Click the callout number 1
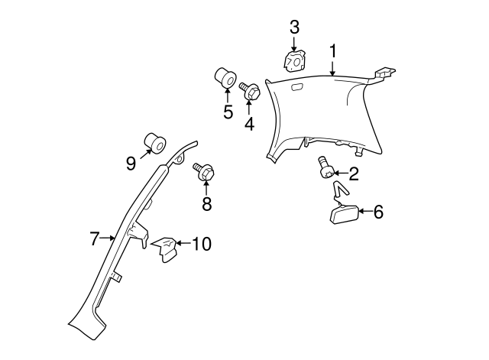click(333, 51)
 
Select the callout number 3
click(294, 27)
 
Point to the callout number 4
click(249, 124)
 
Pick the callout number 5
click(228, 112)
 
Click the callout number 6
click(377, 212)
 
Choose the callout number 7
click(95, 238)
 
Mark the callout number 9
click(131, 162)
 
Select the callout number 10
click(201, 244)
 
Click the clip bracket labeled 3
click(293, 60)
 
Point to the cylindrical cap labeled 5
click(225, 78)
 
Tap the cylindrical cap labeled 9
click(157, 143)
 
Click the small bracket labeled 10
click(164, 249)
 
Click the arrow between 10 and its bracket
click(182, 244)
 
